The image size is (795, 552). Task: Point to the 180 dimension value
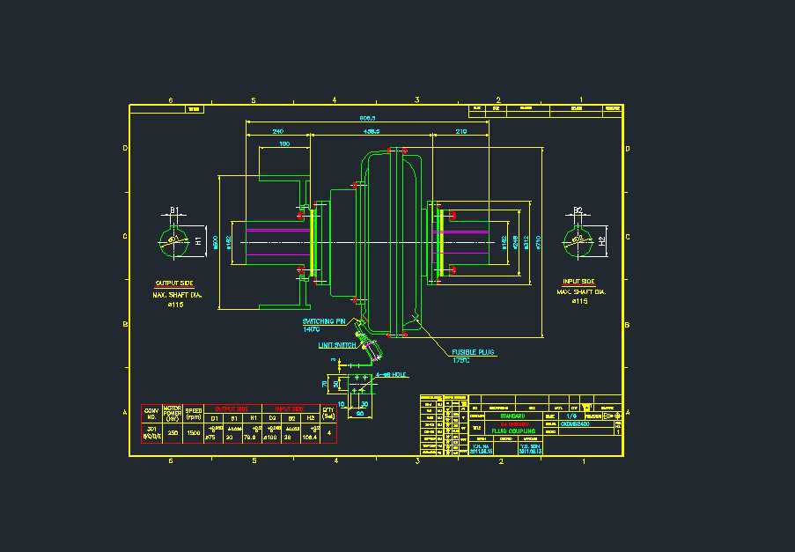[x=284, y=144]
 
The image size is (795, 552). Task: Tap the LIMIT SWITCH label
[x=337, y=345]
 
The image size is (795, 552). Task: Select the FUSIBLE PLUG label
[x=473, y=352]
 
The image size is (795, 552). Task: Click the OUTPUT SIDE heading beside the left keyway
[x=174, y=283]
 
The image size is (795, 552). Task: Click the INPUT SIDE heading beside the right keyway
[x=578, y=282]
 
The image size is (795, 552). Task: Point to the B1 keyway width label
[x=174, y=210]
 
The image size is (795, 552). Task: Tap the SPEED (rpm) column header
[x=194, y=413]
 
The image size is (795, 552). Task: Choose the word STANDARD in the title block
[x=512, y=416]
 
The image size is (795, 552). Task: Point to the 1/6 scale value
[x=572, y=416]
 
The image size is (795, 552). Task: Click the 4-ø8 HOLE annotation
[x=388, y=375]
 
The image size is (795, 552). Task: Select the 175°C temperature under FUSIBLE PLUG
[x=461, y=360]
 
